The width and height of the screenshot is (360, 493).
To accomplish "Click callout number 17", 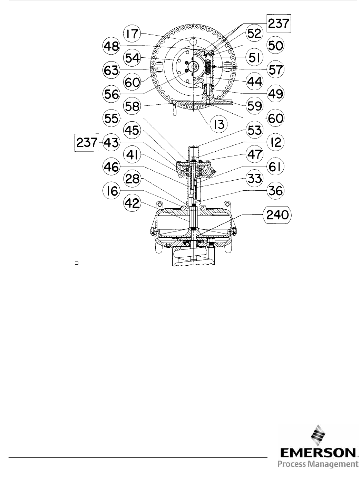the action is (x=132, y=34).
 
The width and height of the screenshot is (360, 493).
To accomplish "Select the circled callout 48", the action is (x=111, y=46).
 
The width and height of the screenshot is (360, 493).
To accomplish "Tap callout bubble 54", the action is (x=132, y=58).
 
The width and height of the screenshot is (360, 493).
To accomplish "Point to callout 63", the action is (x=111, y=70).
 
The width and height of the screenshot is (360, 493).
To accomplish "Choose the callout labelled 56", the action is (x=111, y=94).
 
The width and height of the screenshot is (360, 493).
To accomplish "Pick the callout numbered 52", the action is (x=255, y=34).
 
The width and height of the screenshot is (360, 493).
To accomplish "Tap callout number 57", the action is (x=275, y=69).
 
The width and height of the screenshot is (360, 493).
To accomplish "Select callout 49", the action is (x=275, y=93).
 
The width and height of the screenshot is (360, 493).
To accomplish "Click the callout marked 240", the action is (x=277, y=215).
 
